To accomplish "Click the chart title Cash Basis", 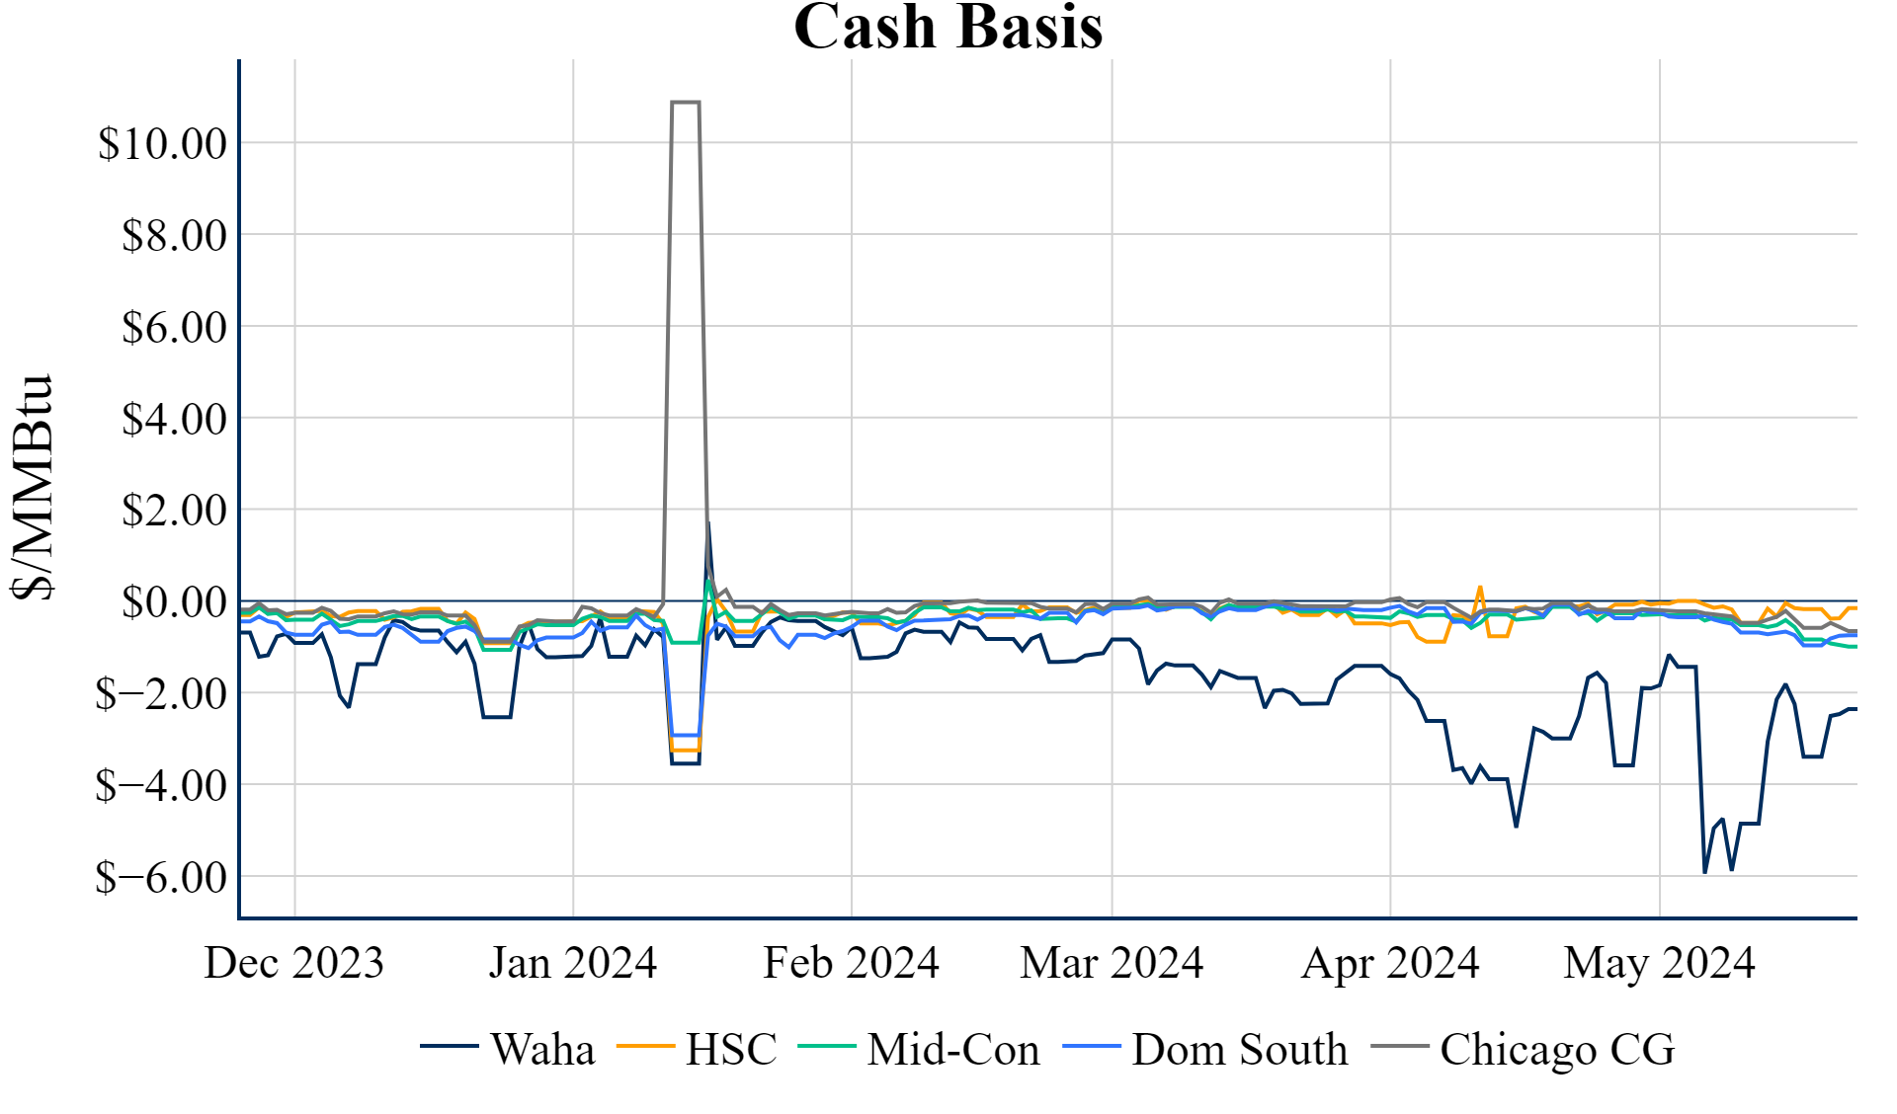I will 948,27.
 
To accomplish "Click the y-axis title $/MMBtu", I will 32,486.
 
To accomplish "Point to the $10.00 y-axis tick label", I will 162,144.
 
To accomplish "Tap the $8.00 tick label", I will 174,236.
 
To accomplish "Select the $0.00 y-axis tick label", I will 174,602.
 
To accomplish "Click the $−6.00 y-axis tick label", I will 161,877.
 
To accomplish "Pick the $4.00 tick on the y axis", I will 174,420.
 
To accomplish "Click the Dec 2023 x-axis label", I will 293,963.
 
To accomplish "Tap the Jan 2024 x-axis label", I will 572,963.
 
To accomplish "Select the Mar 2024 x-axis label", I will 1112,963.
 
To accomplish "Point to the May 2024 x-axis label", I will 1659,963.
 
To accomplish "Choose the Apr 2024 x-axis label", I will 1390,963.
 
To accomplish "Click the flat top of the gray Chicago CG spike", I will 686,102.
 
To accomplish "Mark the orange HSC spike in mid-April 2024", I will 1479,588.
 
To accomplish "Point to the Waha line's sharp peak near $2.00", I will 708,524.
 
